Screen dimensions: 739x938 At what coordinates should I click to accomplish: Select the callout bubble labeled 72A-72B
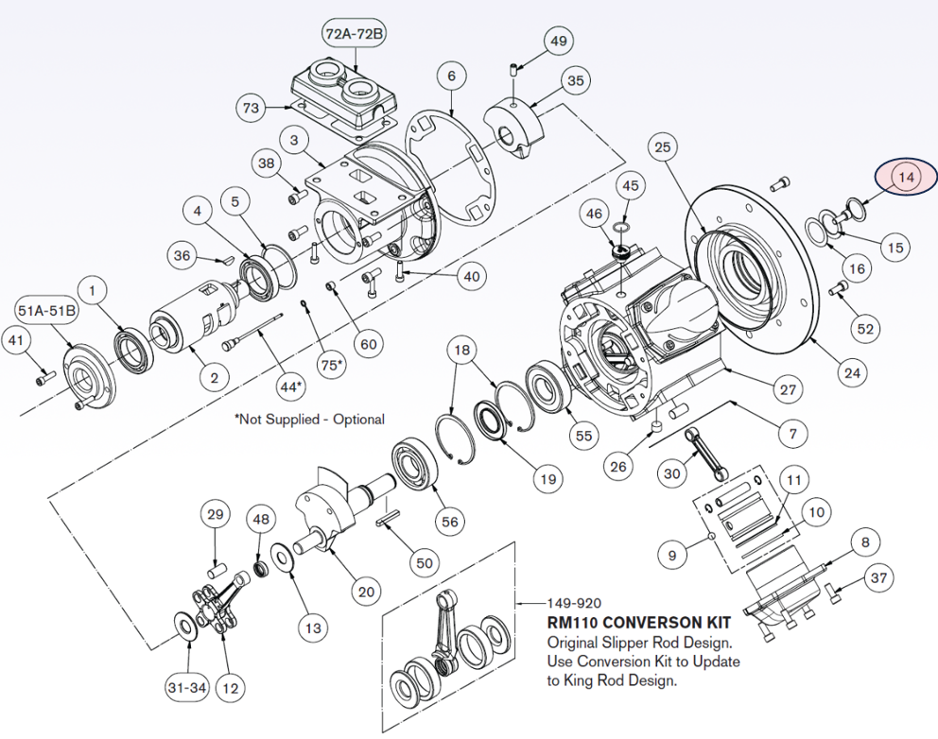pyautogui.click(x=355, y=36)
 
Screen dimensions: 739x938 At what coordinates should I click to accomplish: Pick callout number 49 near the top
pyautogui.click(x=559, y=41)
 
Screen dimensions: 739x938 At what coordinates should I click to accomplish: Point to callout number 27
pyautogui.click(x=789, y=388)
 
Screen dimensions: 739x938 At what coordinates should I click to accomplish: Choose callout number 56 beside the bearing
pyautogui.click(x=449, y=522)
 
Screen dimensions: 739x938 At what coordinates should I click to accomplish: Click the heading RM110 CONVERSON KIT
pyautogui.click(x=638, y=624)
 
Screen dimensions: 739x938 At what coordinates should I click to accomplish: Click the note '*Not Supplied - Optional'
pyautogui.click(x=309, y=419)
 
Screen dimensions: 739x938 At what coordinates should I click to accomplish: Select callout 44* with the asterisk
pyautogui.click(x=292, y=386)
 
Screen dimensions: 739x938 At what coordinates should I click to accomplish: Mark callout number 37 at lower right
pyautogui.click(x=878, y=576)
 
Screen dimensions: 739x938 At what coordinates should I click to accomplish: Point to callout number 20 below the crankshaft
pyautogui.click(x=366, y=592)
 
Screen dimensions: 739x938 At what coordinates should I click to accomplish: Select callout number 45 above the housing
pyautogui.click(x=631, y=185)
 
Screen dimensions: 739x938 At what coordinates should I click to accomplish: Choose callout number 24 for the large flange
pyautogui.click(x=853, y=372)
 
